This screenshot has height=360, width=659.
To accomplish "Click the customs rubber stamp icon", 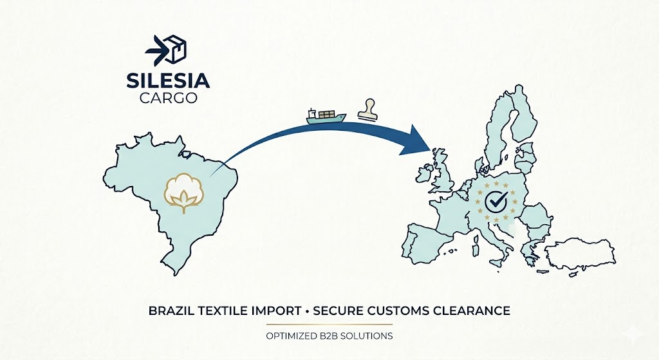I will (369, 110).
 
